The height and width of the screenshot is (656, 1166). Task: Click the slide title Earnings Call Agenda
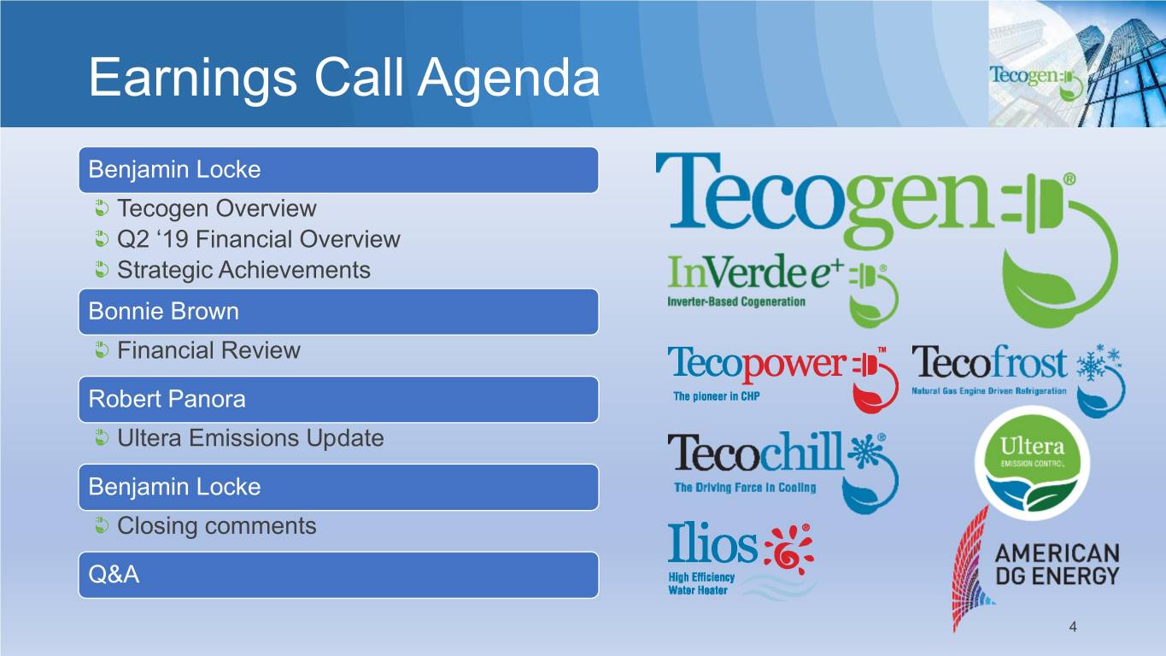[x=344, y=78]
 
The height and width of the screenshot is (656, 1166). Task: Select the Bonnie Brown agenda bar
[x=338, y=311]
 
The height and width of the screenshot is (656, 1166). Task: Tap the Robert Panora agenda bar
[x=338, y=400]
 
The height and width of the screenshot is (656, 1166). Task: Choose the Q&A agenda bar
[x=338, y=575]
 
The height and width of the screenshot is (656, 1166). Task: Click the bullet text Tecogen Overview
[x=217, y=208]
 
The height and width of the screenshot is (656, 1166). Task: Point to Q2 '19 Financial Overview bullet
[x=259, y=239]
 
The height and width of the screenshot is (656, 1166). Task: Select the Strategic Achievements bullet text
[x=243, y=270]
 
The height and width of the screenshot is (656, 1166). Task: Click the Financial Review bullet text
[x=208, y=350]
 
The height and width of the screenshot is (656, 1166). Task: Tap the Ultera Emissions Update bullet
[x=250, y=438]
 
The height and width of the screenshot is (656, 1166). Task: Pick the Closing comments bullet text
[x=217, y=526]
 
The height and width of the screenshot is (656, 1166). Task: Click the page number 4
[x=1073, y=627]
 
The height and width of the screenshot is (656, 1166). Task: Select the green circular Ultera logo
[x=1032, y=463]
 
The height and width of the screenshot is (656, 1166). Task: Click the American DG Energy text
[x=1057, y=565]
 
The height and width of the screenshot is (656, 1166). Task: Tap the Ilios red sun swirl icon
[x=788, y=549]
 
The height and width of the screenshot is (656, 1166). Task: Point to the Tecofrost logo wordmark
[x=989, y=362]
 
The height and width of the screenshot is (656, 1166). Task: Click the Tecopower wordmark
[x=757, y=363]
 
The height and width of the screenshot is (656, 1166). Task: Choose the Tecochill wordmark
[x=755, y=452]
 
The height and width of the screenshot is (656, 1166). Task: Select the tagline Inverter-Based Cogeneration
[x=736, y=302]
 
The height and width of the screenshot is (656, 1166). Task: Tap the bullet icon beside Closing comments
[x=102, y=525]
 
